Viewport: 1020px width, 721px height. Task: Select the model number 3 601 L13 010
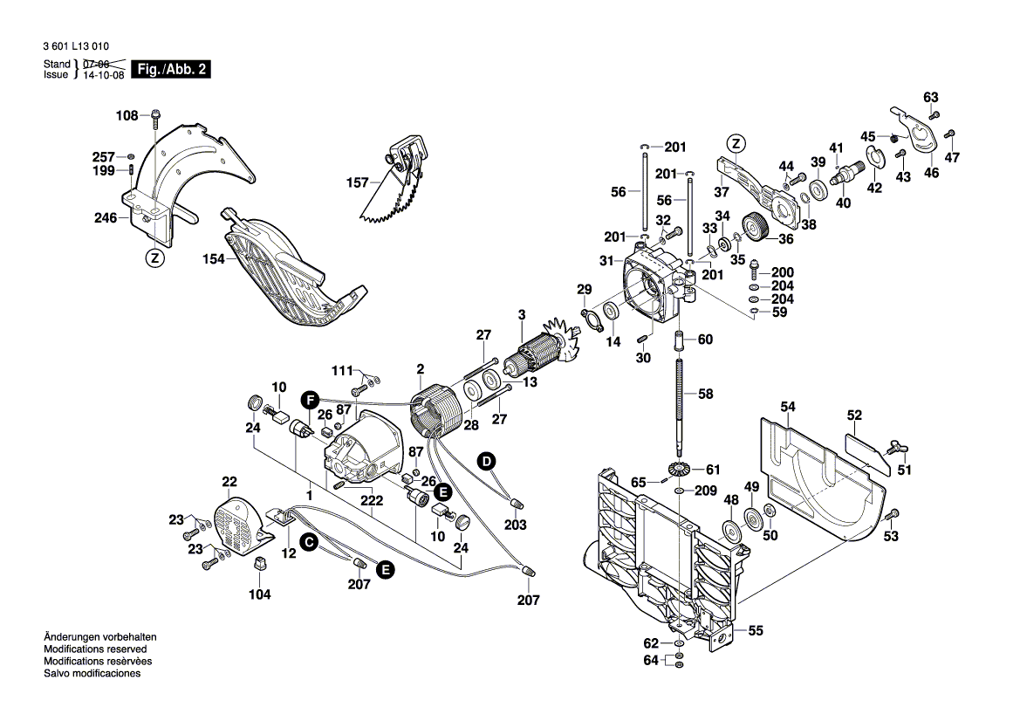(x=77, y=45)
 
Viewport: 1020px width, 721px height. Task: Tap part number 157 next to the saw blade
(x=358, y=183)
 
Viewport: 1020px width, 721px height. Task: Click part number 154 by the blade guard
(x=214, y=259)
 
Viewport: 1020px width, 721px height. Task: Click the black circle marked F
(x=308, y=400)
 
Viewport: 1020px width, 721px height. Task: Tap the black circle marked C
(x=308, y=542)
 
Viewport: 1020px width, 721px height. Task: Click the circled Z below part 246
(x=154, y=257)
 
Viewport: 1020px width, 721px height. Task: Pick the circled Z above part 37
(x=736, y=144)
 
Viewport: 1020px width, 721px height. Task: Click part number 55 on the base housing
(x=756, y=629)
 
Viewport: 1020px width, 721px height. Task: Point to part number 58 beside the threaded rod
(x=705, y=395)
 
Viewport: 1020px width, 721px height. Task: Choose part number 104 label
(x=259, y=594)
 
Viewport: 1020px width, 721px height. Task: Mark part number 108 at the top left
(x=127, y=115)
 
